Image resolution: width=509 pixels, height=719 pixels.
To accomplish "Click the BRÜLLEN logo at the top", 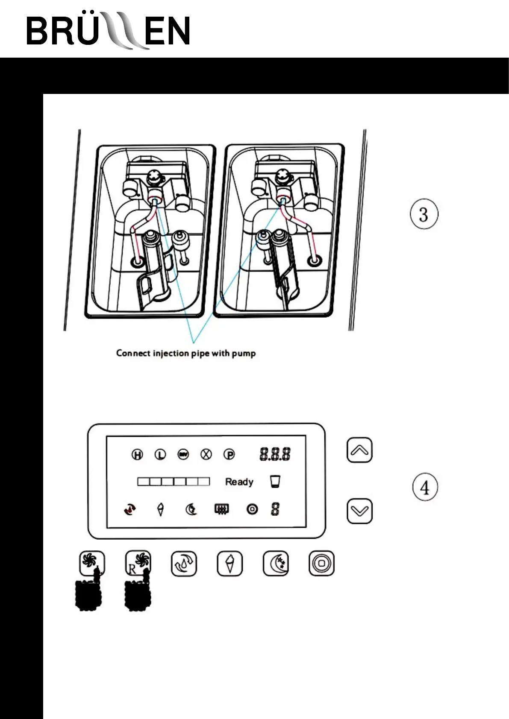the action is click(108, 31).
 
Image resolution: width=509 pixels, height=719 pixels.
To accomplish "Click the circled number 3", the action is click(424, 214).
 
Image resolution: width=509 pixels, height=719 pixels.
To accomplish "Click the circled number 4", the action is click(425, 487).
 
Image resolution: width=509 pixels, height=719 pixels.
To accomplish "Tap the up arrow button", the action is click(359, 450).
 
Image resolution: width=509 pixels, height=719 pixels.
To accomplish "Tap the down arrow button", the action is click(359, 511).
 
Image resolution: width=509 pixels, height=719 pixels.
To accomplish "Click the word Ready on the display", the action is click(239, 482).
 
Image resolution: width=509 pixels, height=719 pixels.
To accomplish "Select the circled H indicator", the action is click(137, 455).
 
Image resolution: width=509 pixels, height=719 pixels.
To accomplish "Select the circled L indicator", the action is click(160, 455).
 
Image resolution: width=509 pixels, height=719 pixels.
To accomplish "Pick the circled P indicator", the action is click(229, 455).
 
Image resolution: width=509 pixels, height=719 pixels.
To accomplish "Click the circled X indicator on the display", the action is click(206, 455).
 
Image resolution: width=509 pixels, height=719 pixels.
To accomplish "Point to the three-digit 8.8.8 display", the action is click(275, 454).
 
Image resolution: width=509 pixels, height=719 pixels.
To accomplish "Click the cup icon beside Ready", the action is click(275, 482).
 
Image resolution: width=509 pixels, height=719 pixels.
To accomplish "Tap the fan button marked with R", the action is click(138, 564).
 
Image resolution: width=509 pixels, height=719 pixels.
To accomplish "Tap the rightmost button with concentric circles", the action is click(321, 564).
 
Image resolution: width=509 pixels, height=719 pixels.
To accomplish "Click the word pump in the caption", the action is click(244, 354).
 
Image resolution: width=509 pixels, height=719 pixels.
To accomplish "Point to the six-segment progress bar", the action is click(174, 482).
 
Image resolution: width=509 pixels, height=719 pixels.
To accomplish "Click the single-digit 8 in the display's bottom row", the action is click(275, 509).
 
